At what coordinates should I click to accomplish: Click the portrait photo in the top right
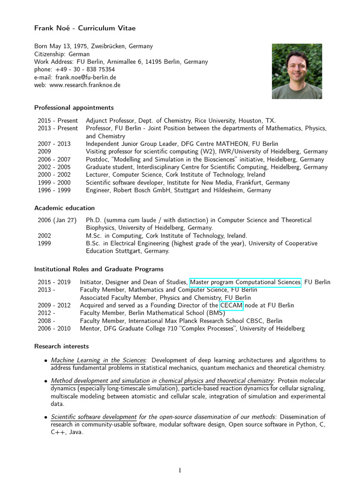tap(297, 71)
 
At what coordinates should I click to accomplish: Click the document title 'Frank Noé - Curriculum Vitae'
tap(85, 28)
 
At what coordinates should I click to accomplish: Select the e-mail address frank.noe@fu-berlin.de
tap(86, 77)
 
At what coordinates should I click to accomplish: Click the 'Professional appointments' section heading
tap(74, 108)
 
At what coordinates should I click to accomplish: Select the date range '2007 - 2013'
tap(54, 144)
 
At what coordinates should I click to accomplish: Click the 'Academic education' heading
tap(64, 208)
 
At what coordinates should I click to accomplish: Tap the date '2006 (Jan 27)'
tap(58, 220)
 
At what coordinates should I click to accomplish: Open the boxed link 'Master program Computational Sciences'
tap(245, 282)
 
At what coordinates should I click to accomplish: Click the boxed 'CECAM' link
tap(232, 305)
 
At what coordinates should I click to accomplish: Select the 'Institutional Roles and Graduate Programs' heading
tap(99, 269)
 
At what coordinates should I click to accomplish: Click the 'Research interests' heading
tap(61, 346)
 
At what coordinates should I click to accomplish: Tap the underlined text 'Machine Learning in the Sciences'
tap(98, 360)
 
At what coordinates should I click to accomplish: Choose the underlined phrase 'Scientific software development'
tap(94, 417)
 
